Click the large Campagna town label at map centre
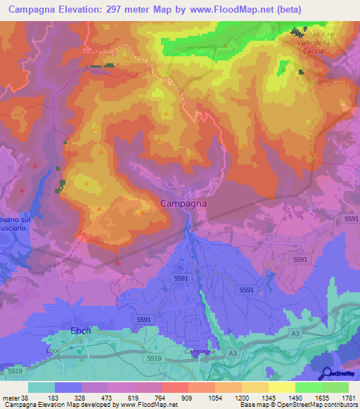(x=183, y=203)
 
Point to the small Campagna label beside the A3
(x=199, y=351)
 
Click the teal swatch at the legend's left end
(x=41, y=387)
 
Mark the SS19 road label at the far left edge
(x=14, y=370)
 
